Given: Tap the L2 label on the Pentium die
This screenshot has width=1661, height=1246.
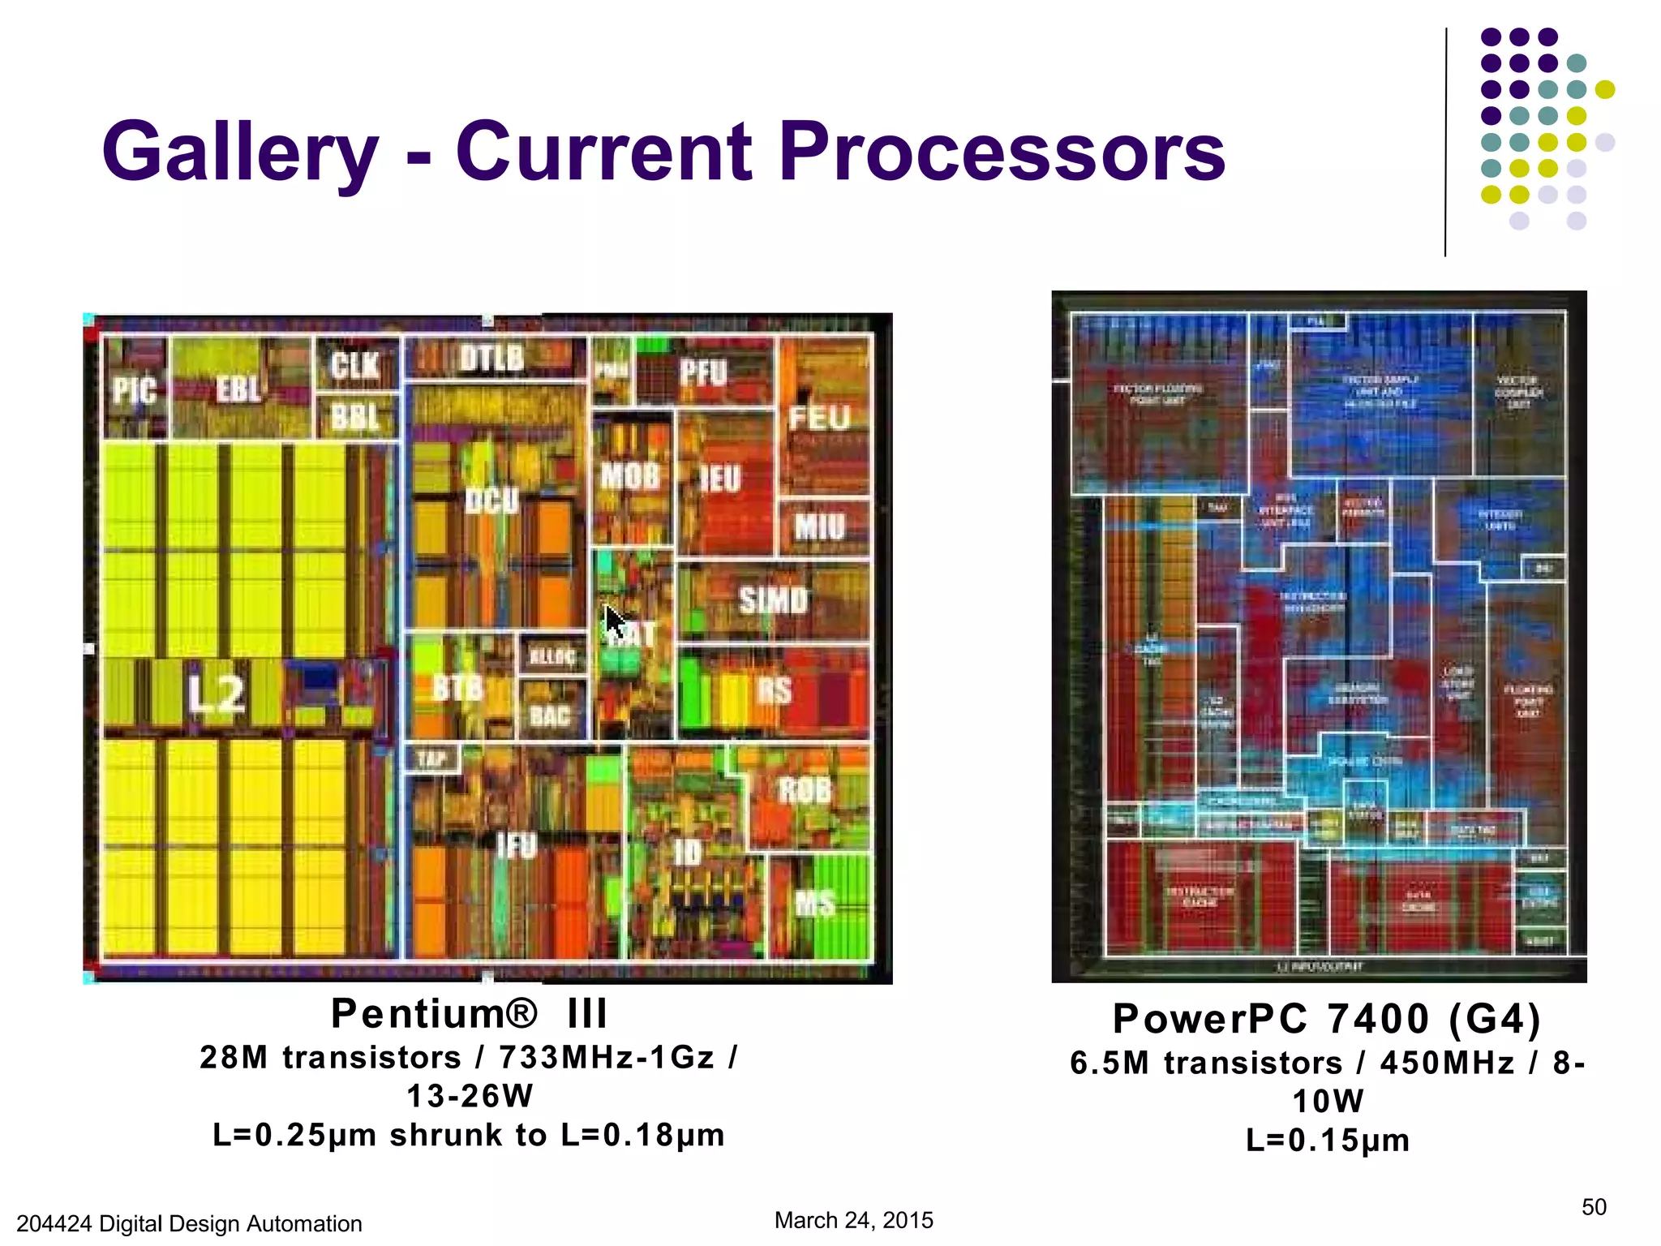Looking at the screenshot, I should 216,694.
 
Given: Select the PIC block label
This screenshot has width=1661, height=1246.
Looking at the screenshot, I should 135,391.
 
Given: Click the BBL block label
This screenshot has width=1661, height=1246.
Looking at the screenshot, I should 355,418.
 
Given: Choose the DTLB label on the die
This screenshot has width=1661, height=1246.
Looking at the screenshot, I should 492,358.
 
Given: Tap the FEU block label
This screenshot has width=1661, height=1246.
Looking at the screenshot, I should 819,419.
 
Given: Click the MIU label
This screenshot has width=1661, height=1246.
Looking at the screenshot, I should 820,527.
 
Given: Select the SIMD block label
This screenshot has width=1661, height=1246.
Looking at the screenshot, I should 774,600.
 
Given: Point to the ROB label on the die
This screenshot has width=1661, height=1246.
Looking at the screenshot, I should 805,790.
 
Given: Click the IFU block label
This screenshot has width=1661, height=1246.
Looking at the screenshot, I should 517,846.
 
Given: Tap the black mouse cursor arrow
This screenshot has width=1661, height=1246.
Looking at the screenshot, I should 616,623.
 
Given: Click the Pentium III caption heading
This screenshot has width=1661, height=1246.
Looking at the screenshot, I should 469,1014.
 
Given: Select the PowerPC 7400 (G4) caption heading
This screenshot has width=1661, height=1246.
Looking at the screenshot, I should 1326,1019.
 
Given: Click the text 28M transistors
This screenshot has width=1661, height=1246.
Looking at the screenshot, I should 330,1058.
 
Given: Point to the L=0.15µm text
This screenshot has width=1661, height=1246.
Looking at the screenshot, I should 1327,1141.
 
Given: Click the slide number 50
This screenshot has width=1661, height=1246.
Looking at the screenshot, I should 1593,1207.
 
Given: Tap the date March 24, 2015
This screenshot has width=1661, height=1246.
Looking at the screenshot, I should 853,1220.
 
